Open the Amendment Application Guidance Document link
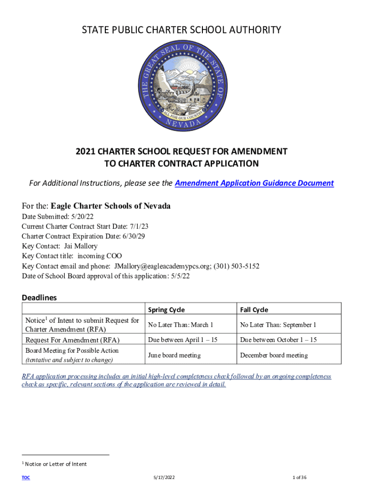(x=254, y=183)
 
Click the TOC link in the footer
(x=26, y=478)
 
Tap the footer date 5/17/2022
(x=163, y=478)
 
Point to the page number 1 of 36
(x=300, y=478)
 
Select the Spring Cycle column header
(x=166, y=310)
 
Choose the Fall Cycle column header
(x=254, y=310)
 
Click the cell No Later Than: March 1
(x=181, y=325)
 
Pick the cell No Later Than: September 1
(x=278, y=325)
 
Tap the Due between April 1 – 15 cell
(x=183, y=340)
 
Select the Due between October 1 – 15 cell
(x=278, y=340)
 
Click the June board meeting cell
(x=174, y=356)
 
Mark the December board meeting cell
(x=273, y=356)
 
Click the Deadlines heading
(x=39, y=298)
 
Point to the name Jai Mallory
(x=81, y=247)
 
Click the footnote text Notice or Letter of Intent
(x=56, y=464)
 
